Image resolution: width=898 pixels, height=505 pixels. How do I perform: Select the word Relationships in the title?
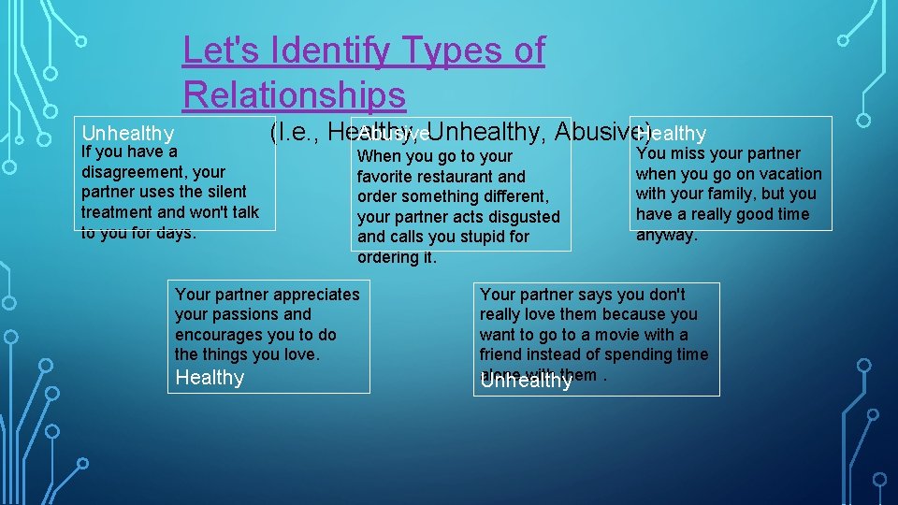tap(294, 94)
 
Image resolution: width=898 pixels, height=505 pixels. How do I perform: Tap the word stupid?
tap(481, 238)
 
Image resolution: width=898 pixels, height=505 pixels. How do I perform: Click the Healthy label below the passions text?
tap(210, 378)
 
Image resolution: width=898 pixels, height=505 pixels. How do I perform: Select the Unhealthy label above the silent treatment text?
tap(127, 134)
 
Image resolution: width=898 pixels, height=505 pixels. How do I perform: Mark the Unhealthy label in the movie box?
tap(526, 381)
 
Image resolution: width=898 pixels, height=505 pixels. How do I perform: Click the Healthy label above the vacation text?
tap(671, 134)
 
